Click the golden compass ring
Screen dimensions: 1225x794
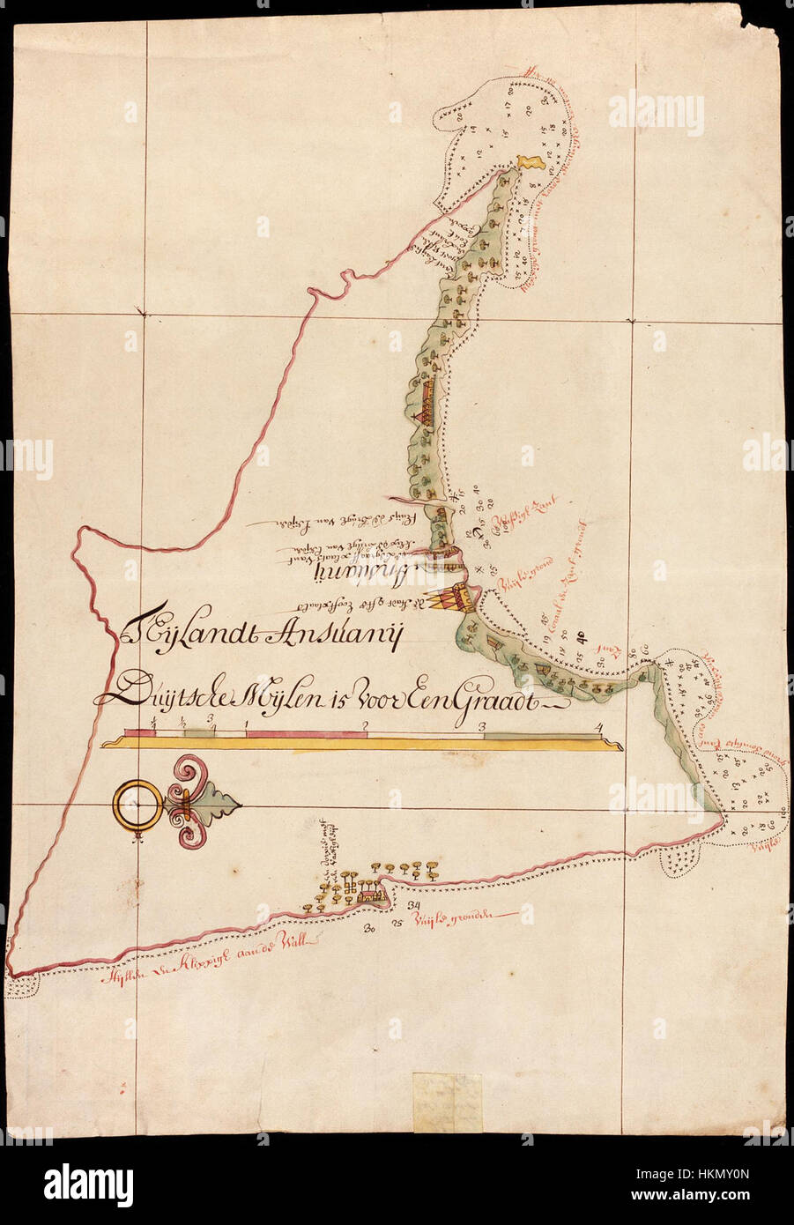[137, 805]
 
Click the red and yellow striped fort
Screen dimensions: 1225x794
[456, 598]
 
